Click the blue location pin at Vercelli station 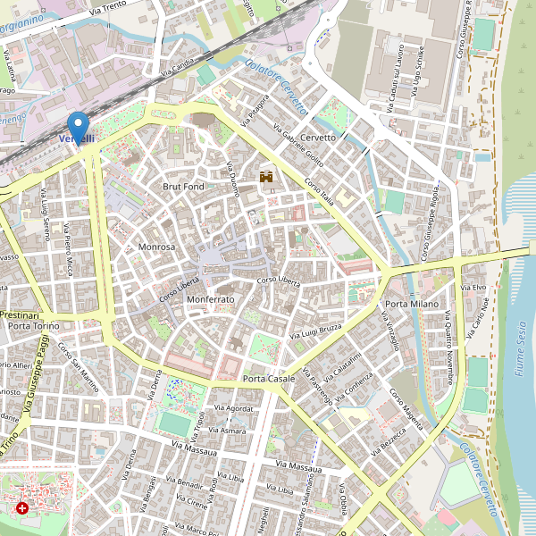pos(79,126)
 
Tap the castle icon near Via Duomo pos(266,178)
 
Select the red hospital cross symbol pos(22,508)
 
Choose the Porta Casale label pos(268,380)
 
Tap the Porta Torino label pos(32,326)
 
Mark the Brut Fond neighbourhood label pos(183,186)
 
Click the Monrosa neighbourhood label pos(157,247)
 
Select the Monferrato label pos(210,299)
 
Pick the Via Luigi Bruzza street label pos(316,333)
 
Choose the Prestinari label pos(20,315)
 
